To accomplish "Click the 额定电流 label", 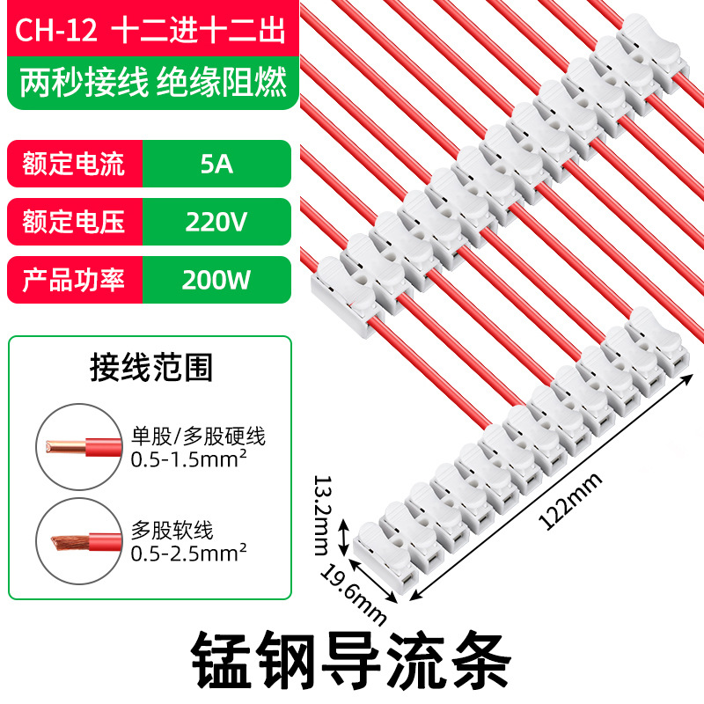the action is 75,163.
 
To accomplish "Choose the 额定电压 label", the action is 75,221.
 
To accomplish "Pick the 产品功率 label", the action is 75,279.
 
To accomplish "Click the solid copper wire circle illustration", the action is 80,447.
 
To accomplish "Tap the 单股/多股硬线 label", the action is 197,436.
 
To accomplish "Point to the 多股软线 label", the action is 172,531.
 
